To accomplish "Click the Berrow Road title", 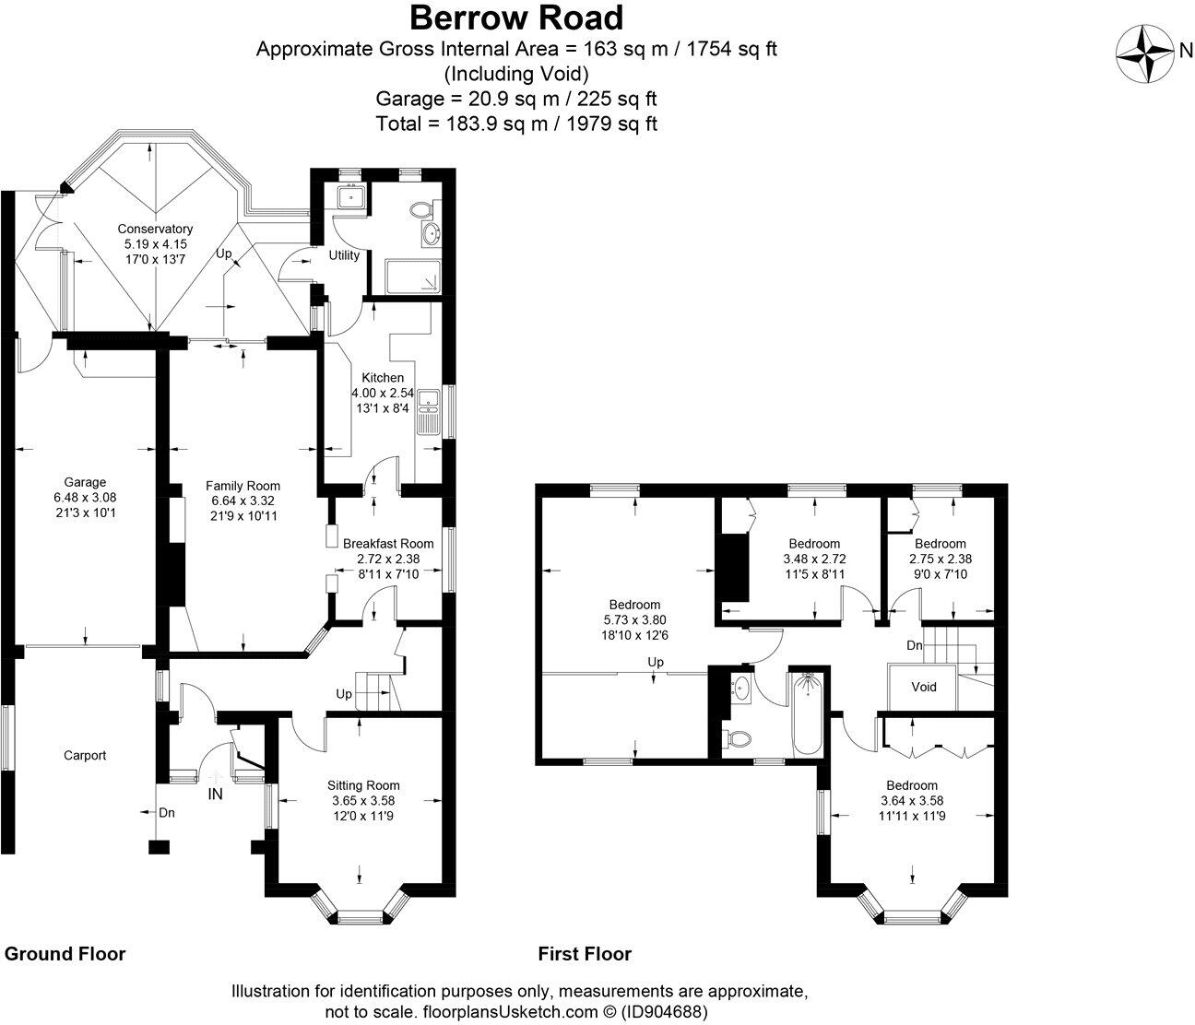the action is (x=516, y=18).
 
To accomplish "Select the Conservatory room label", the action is (x=155, y=229).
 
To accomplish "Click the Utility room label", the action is (x=344, y=255).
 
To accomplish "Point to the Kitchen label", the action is (x=382, y=378).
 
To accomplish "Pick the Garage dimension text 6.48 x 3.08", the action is (x=85, y=497).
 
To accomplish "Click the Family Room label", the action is (x=243, y=486).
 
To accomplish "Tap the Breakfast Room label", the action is (x=387, y=543).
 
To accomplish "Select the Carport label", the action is (x=85, y=755).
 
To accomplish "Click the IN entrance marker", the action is (x=216, y=793).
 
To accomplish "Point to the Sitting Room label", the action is (x=363, y=785).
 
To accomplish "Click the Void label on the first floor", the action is (x=923, y=687).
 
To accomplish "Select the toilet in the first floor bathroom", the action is (x=738, y=738).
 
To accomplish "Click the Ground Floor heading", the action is (x=65, y=953).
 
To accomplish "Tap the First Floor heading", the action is (x=585, y=953).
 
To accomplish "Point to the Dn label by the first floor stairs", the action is (x=914, y=645).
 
